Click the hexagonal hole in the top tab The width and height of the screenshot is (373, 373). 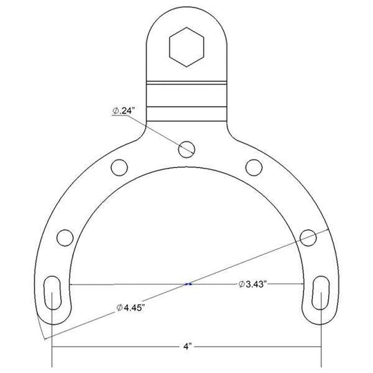click(x=186, y=47)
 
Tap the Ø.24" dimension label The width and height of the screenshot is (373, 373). click(x=123, y=111)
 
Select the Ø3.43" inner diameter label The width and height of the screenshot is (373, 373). click(x=252, y=284)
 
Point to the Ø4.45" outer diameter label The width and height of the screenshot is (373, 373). click(x=131, y=307)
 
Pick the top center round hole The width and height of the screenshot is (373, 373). click(x=186, y=149)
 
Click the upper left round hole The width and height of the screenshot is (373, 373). click(x=119, y=167)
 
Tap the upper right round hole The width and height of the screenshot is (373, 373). click(x=254, y=167)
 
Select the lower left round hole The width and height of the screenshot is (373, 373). click(x=65, y=238)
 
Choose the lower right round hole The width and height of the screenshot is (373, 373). click(x=308, y=238)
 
